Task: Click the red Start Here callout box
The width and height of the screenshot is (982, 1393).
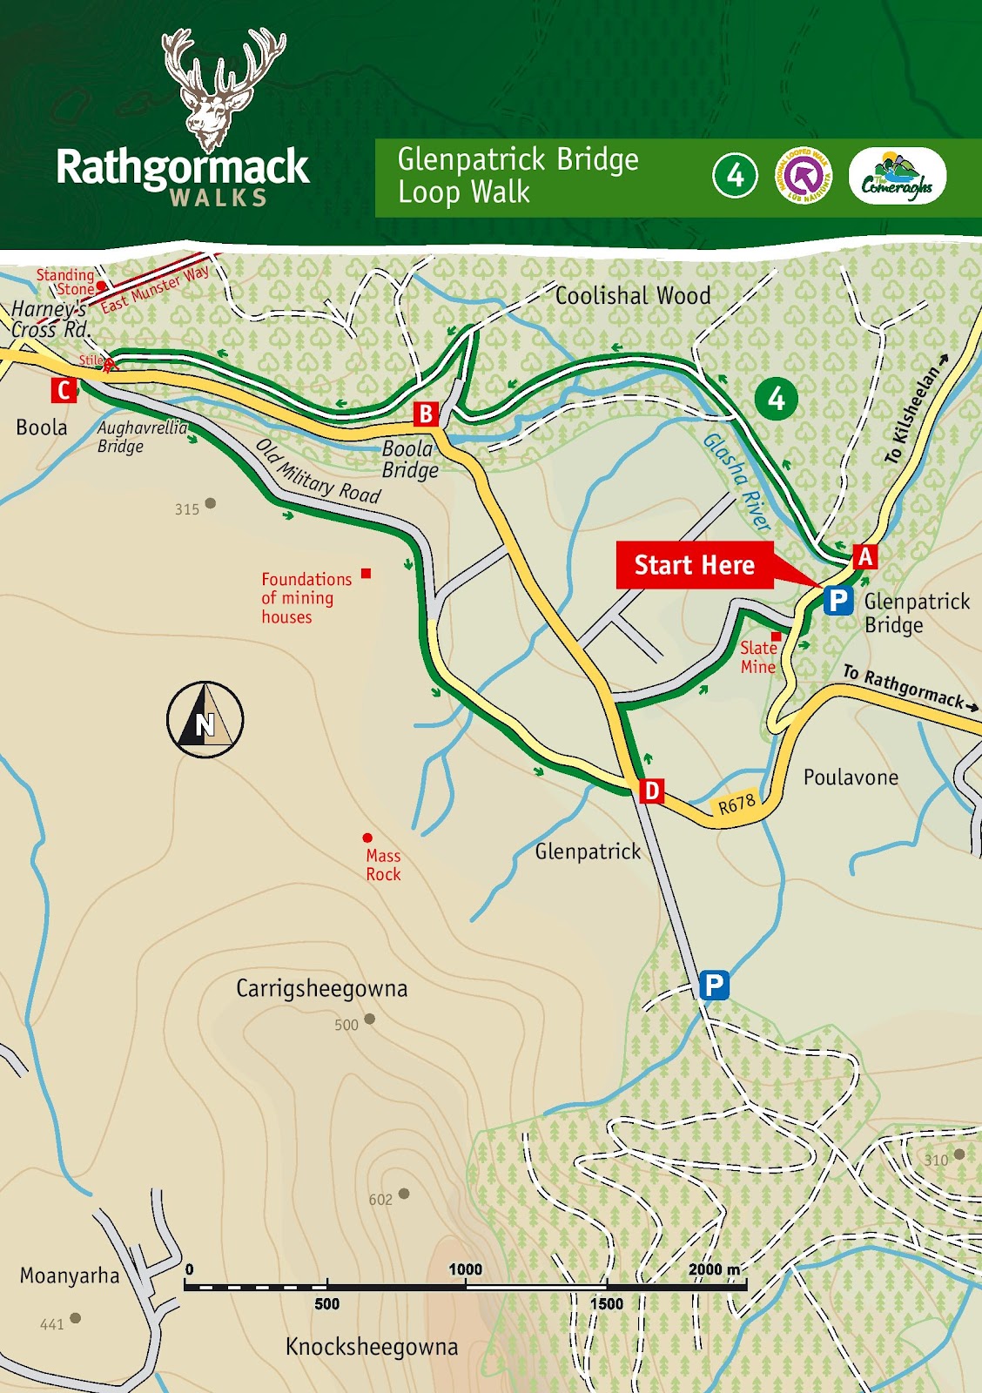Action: [x=694, y=565]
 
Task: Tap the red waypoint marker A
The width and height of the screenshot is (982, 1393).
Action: [x=864, y=555]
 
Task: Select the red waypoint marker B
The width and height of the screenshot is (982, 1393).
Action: [x=426, y=414]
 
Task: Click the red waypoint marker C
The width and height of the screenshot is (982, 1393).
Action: [x=64, y=391]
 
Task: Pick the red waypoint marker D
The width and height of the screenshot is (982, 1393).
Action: [x=651, y=791]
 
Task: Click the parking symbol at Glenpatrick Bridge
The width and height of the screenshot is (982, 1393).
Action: [x=837, y=600]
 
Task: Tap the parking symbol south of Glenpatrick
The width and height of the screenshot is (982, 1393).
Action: [x=713, y=986]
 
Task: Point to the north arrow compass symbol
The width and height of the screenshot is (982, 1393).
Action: [x=205, y=720]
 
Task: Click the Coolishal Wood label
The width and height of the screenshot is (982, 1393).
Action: [x=633, y=296]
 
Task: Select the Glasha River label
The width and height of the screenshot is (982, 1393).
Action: [x=737, y=481]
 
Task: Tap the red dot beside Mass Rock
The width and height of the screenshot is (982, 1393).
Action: [x=367, y=838]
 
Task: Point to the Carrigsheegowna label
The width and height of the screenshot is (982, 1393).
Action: [x=321, y=989]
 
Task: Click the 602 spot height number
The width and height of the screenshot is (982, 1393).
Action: [x=380, y=1200]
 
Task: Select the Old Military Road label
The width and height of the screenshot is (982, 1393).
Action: [x=319, y=471]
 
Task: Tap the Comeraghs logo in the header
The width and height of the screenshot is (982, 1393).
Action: [x=897, y=177]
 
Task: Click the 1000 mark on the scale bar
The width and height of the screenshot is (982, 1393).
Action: [x=465, y=1270]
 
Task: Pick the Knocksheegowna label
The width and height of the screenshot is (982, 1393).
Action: [x=372, y=1347]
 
